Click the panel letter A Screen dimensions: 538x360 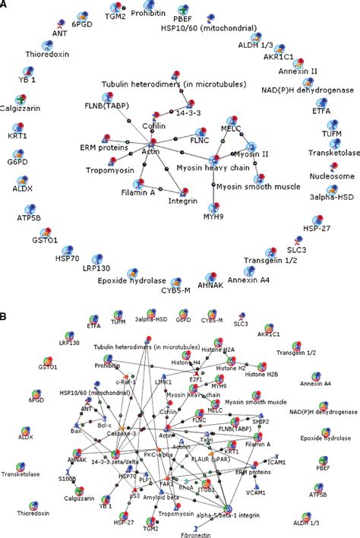pyautogui.click(x=5, y=5)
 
